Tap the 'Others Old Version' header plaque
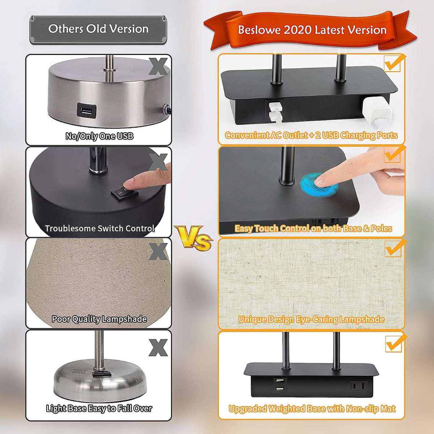[x=98, y=30]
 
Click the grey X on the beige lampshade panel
[x=159, y=252]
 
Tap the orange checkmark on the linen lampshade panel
[x=395, y=248]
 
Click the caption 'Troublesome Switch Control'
[x=100, y=228]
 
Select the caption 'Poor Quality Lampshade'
[x=99, y=319]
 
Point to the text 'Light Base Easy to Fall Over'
[x=99, y=408]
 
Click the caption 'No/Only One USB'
[x=99, y=136]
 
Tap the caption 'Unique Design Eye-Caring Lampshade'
[x=311, y=319]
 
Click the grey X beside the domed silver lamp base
[x=158, y=348]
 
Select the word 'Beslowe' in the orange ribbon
[x=259, y=30]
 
